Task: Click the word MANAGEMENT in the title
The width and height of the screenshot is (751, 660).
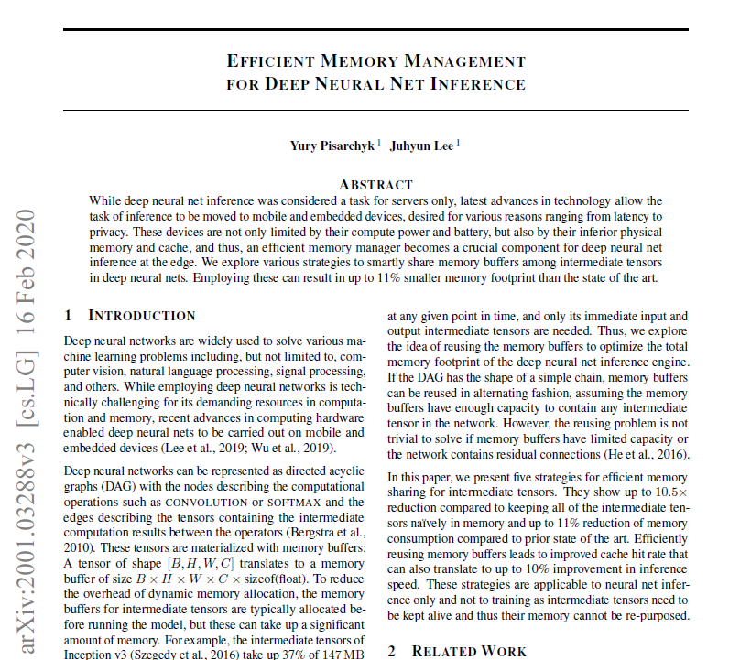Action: pos(465,62)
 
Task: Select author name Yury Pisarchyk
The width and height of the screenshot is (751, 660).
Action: pos(331,146)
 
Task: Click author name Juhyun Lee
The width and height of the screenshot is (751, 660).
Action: pos(421,146)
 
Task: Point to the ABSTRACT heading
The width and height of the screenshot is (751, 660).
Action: pos(375,184)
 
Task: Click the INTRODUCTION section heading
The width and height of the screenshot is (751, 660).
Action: pos(141,316)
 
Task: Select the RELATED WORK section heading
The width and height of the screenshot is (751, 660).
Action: pos(469,651)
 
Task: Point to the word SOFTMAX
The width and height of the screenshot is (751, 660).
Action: pos(292,502)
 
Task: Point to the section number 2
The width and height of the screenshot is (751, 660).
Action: pos(391,651)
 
